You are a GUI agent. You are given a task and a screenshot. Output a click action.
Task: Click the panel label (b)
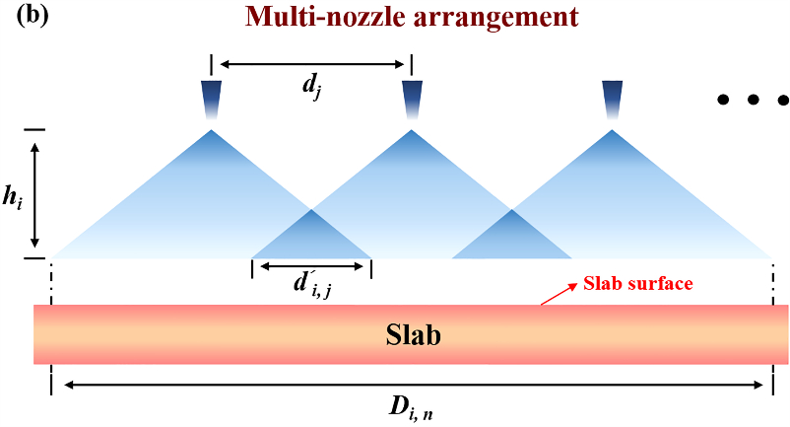[x=34, y=18]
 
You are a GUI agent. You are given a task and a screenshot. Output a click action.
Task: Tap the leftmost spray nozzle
[x=211, y=99]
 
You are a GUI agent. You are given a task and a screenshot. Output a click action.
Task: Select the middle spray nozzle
[x=412, y=99]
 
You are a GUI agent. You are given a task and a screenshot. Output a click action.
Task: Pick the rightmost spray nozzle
[x=613, y=99]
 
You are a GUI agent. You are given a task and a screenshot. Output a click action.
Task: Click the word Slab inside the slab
[x=412, y=333]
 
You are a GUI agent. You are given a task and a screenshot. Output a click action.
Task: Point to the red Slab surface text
[x=638, y=283]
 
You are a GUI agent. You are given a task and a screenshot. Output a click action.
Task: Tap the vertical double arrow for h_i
[x=35, y=193]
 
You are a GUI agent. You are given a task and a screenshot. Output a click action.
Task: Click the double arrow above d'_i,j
[x=311, y=266]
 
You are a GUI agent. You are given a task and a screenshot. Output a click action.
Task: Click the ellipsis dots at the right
[x=754, y=99]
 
